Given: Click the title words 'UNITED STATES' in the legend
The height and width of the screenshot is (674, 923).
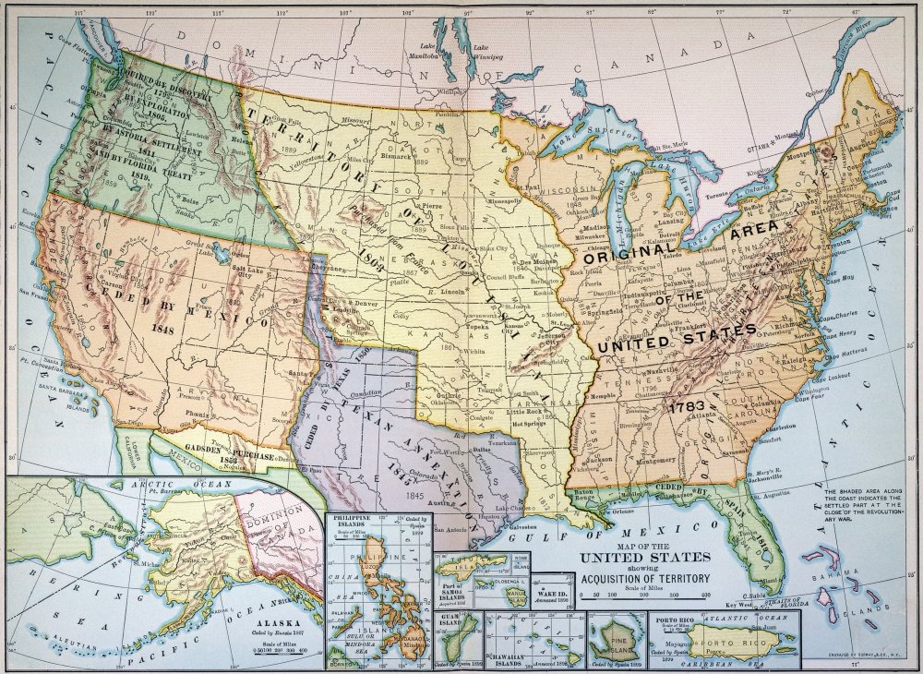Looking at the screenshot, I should click(644, 558).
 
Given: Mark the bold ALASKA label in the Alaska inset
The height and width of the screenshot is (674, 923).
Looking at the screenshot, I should click(273, 622).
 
